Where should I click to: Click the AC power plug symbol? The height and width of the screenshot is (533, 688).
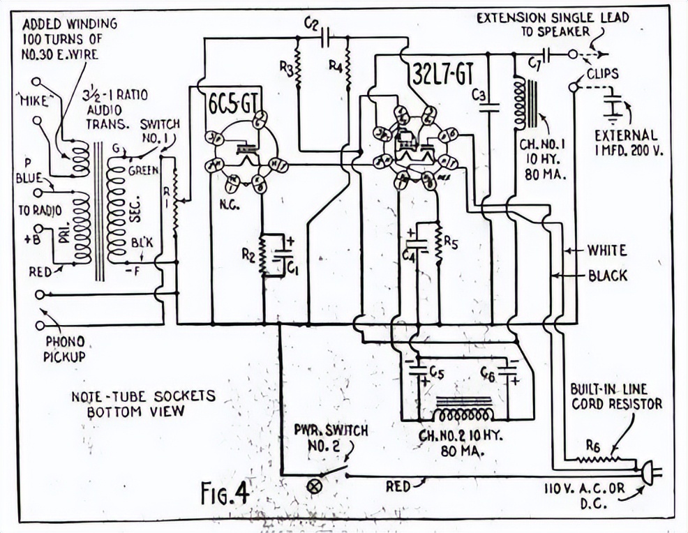point(648,474)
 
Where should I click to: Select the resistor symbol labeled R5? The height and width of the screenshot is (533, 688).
point(439,243)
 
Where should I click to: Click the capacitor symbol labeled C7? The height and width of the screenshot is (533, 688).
point(546,54)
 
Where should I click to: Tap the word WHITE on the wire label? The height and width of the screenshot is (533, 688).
point(606,250)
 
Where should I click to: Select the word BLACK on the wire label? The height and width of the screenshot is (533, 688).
point(607,276)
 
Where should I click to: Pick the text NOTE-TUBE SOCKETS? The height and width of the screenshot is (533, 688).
point(143,396)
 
